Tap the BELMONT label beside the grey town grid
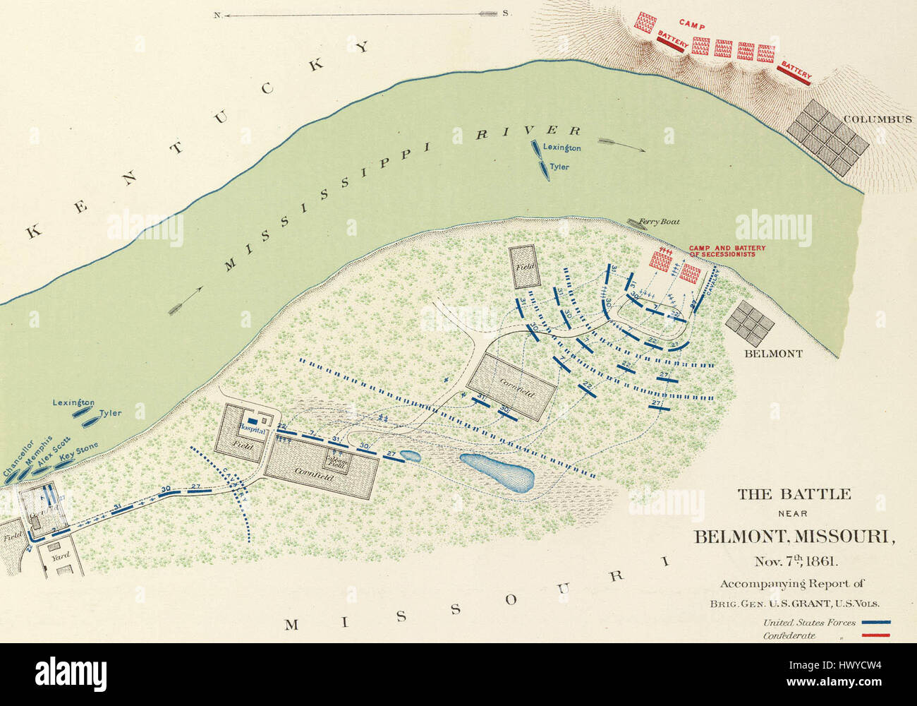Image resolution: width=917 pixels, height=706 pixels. tap(773, 354)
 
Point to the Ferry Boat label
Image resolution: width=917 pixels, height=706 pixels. tap(659, 222)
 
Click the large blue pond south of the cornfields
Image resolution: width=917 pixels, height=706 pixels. tap(497, 472)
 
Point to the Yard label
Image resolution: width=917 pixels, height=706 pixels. tap(59, 557)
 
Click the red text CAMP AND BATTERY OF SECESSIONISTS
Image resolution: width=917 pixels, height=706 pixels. tap(727, 251)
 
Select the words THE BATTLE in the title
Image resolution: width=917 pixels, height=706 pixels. tap(794, 494)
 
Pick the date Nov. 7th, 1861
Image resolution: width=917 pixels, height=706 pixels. tap(794, 562)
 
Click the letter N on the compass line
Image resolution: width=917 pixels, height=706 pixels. tap(217, 14)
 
